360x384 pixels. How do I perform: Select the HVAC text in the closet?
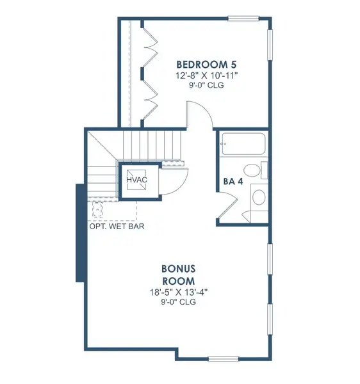pyautogui.click(x=136, y=180)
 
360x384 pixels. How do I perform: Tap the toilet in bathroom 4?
pyautogui.click(x=255, y=171)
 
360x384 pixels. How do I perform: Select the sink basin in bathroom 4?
pyautogui.click(x=258, y=196)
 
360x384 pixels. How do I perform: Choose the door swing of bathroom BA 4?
pyautogui.click(x=228, y=206)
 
